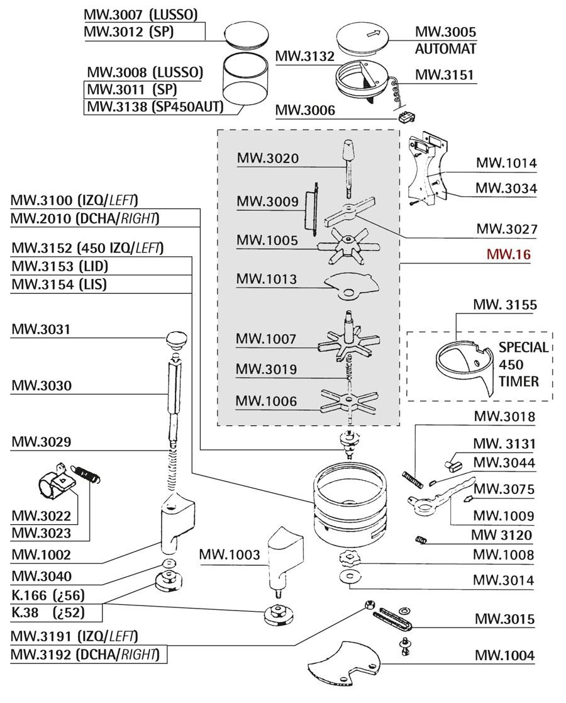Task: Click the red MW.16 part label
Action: click(508, 255)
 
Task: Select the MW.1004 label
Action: click(504, 655)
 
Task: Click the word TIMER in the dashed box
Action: click(518, 381)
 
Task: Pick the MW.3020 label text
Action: click(267, 158)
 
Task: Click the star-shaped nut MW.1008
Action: click(347, 557)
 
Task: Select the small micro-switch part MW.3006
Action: click(404, 116)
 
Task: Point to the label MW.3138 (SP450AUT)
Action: click(155, 106)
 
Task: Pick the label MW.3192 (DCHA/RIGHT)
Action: click(84, 654)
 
